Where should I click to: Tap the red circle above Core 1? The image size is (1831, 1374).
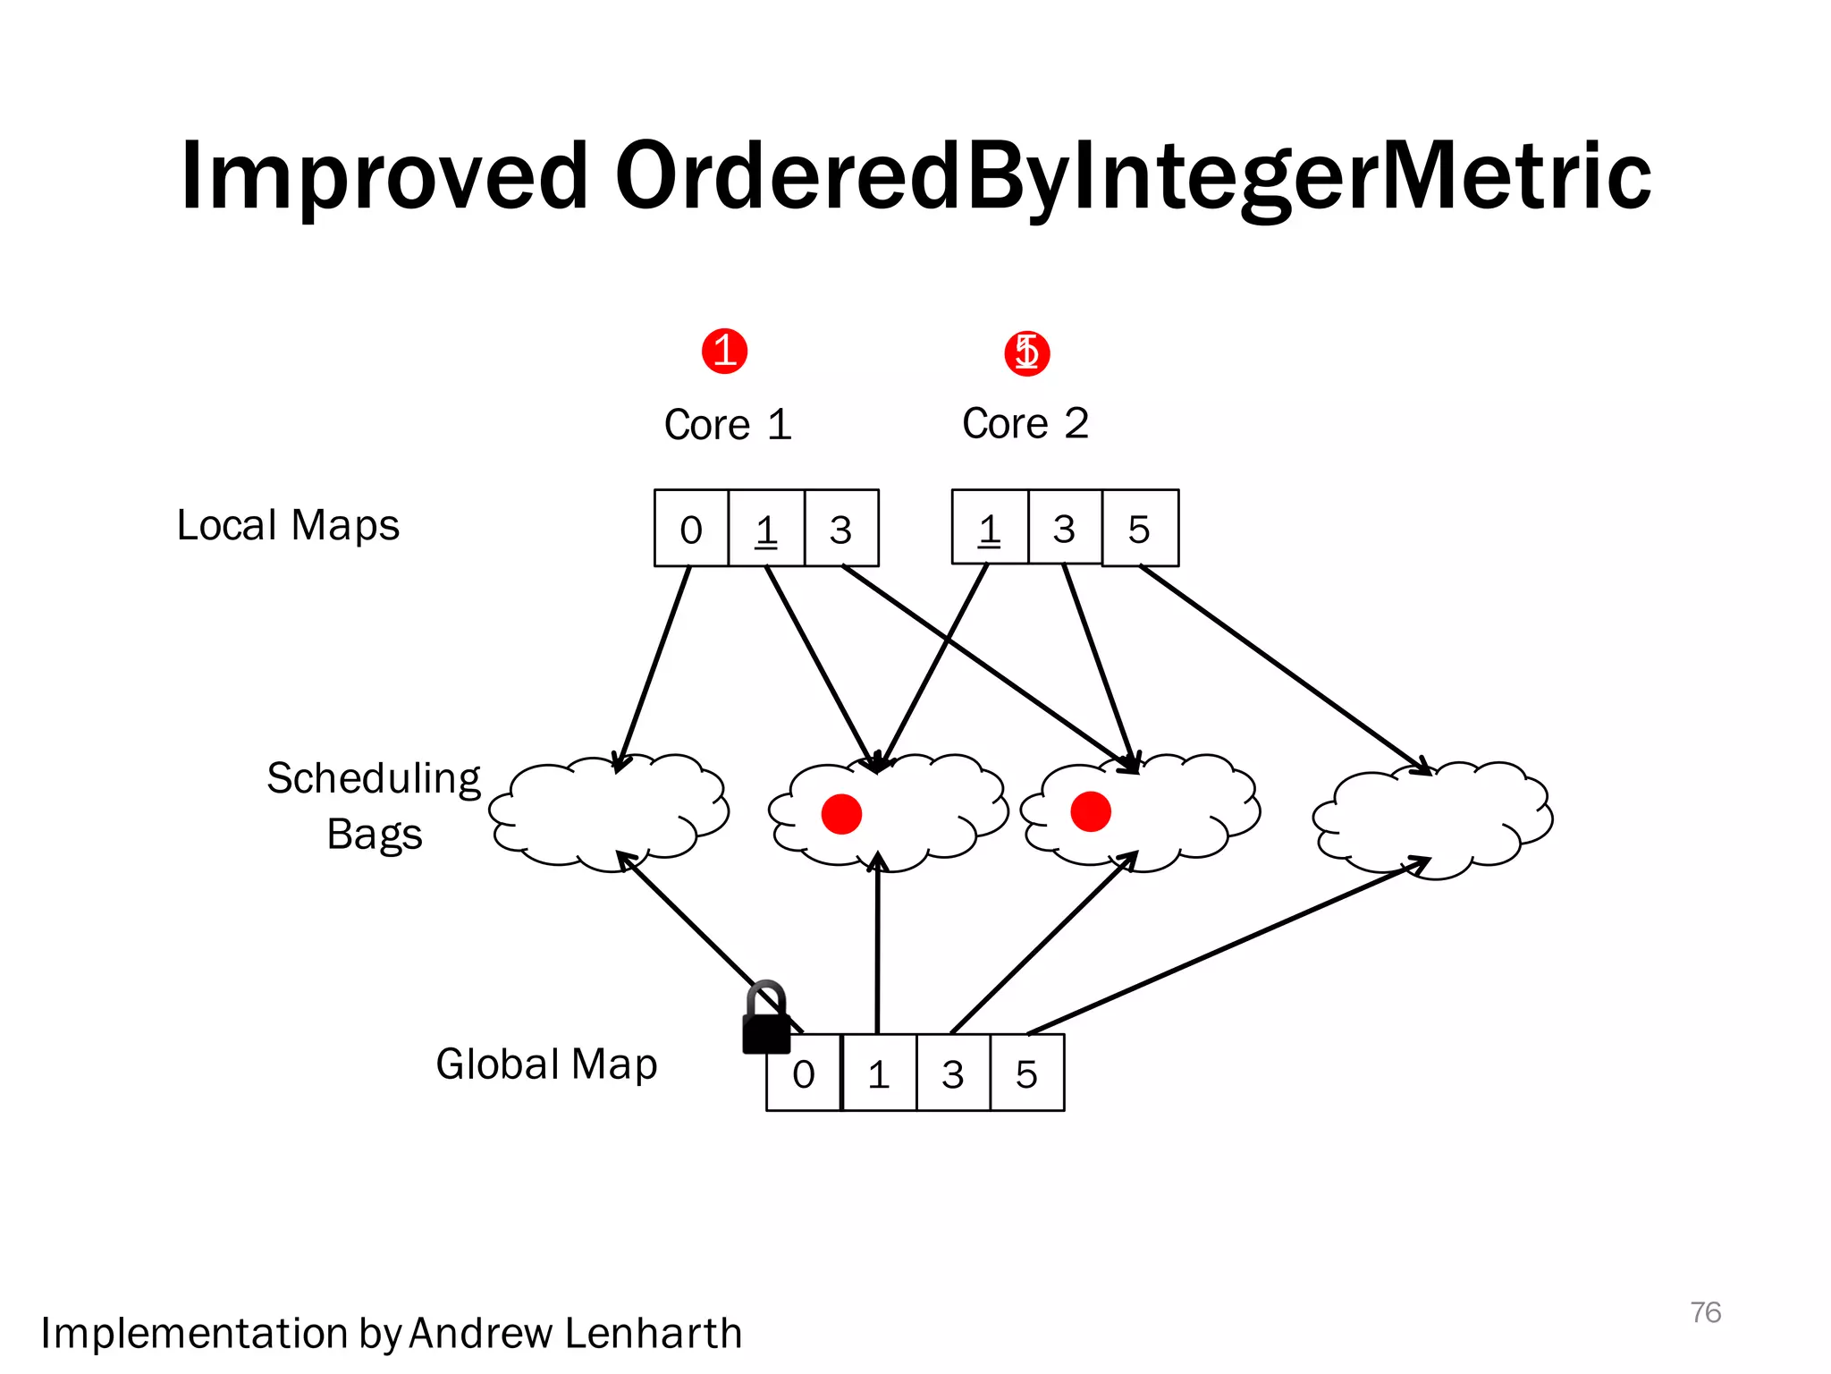click(x=724, y=351)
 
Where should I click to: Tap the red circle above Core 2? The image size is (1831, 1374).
click(x=1026, y=352)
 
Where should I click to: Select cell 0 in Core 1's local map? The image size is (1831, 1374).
click(x=691, y=529)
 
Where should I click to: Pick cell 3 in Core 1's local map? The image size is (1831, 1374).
click(x=841, y=529)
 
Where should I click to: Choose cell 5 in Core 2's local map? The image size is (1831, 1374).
click(x=1140, y=529)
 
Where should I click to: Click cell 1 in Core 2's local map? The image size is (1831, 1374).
click(x=990, y=529)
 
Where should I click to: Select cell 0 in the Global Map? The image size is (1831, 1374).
click(x=804, y=1073)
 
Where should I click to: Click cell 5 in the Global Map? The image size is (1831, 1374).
click(x=1027, y=1073)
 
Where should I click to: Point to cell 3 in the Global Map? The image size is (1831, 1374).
click(x=953, y=1073)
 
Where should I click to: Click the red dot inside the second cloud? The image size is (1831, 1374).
click(x=841, y=814)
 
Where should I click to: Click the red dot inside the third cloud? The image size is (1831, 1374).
click(x=1091, y=812)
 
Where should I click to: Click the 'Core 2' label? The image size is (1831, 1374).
click(x=1025, y=423)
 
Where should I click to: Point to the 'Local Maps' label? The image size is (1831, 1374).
click(x=288, y=525)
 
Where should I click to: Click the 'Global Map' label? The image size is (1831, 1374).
click(x=546, y=1064)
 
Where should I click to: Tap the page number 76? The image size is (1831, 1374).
click(x=1705, y=1312)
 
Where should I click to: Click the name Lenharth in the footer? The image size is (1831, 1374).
click(x=654, y=1333)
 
